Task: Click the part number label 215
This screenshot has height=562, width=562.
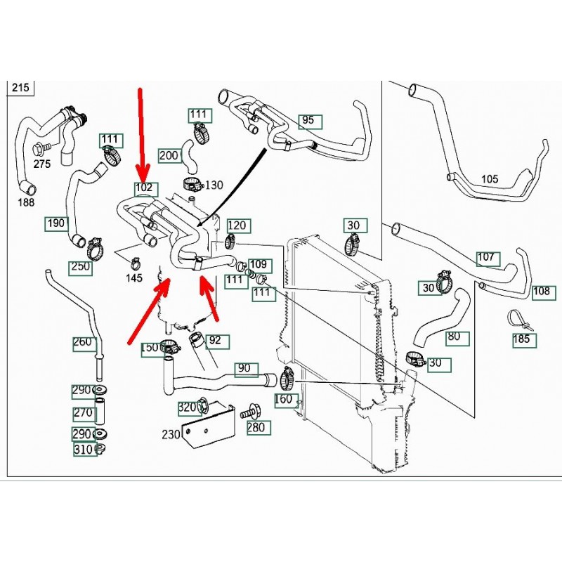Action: (x=19, y=89)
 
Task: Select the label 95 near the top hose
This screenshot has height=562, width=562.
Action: (x=308, y=121)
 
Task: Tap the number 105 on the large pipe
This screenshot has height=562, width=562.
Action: (x=490, y=179)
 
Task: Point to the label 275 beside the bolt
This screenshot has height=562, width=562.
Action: (x=42, y=164)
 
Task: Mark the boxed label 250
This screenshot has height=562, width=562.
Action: (x=80, y=267)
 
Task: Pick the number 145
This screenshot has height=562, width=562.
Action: (x=133, y=279)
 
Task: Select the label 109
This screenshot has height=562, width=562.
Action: (x=259, y=265)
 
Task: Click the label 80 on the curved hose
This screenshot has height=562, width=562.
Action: (x=454, y=336)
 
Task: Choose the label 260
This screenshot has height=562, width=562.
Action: (x=83, y=343)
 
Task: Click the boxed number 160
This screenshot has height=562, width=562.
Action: (x=284, y=400)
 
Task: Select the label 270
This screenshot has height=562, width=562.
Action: (x=83, y=413)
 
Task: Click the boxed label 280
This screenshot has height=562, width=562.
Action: (x=256, y=427)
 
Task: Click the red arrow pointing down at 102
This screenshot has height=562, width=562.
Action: (x=142, y=133)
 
